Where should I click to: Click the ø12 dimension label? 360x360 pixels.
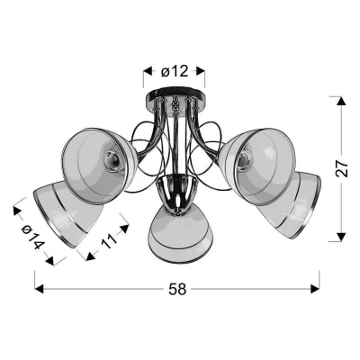coord(175,71)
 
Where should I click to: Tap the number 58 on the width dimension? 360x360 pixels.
coord(177,290)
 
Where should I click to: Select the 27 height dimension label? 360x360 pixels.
coord(341,169)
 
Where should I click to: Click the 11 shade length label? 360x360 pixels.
coord(108,240)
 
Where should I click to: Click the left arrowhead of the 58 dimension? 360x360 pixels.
coord(40,289)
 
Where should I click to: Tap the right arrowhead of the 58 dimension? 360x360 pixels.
coord(315,289)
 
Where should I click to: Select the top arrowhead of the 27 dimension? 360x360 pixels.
coord(339,101)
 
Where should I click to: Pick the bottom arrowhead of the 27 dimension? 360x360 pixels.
coord(339,237)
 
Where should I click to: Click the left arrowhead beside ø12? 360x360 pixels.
coord(148,71)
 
